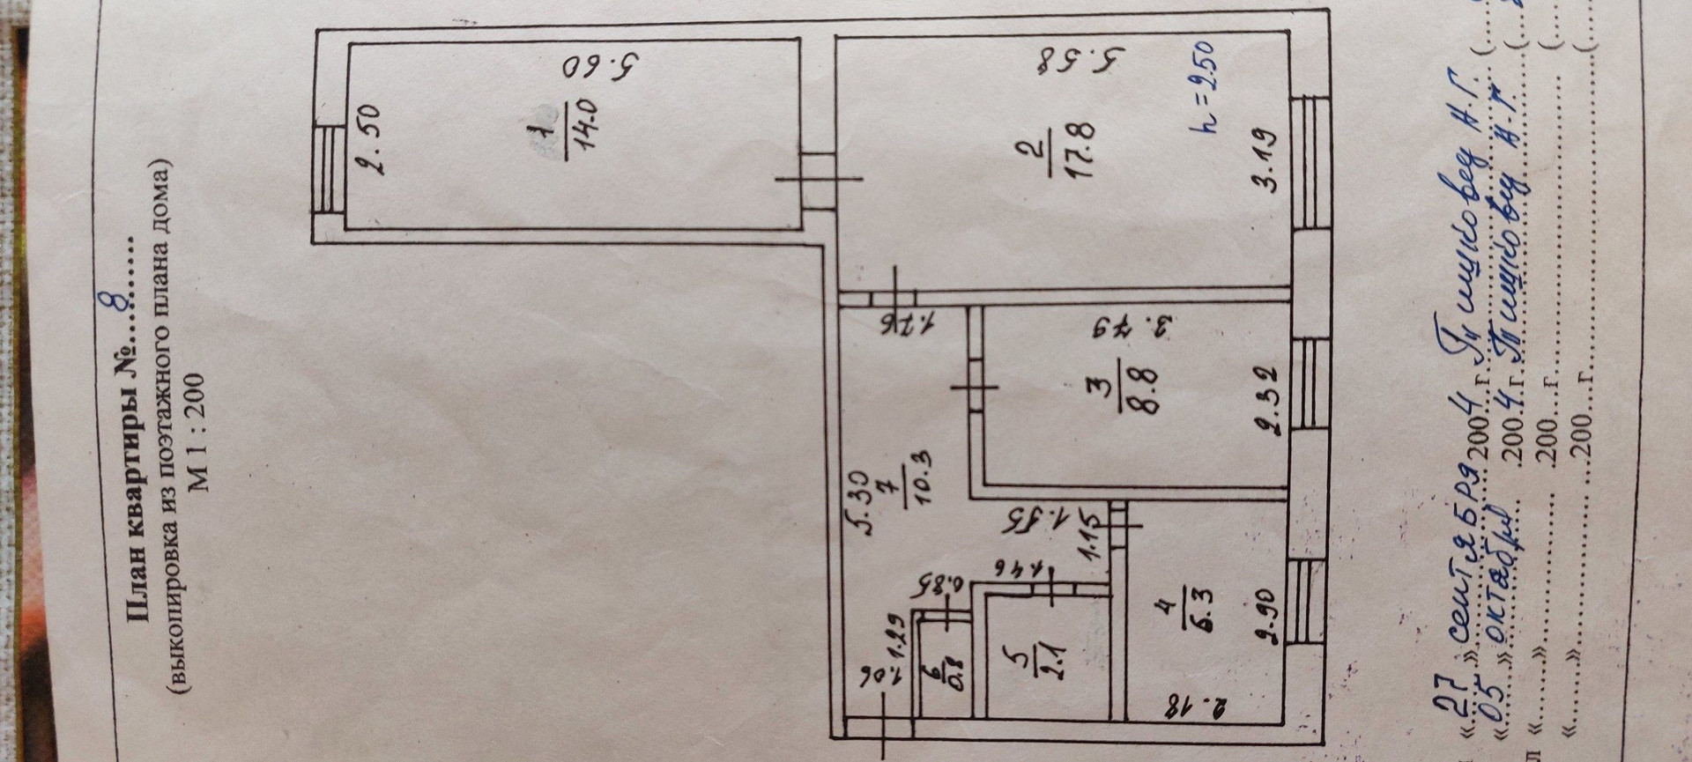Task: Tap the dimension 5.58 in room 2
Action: (x=1081, y=62)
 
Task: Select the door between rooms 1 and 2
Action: (x=818, y=180)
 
